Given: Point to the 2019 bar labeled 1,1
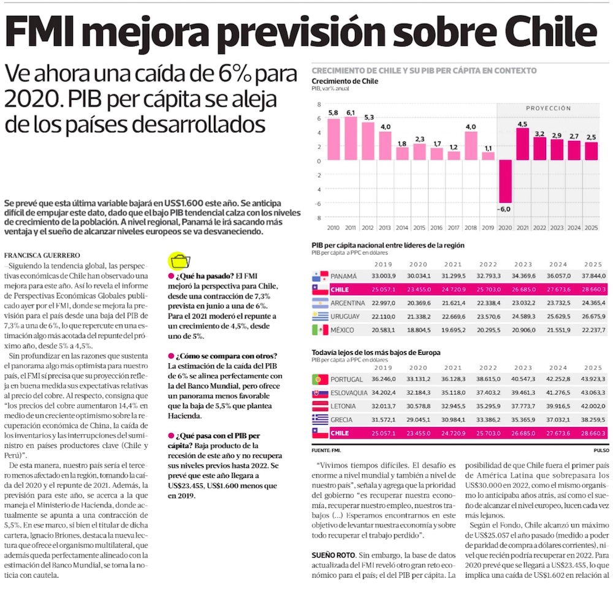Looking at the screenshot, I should (x=487, y=156).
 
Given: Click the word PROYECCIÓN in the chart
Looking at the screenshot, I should (x=547, y=108).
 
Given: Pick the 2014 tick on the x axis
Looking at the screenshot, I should (x=402, y=228).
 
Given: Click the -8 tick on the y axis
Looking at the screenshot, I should (x=319, y=218).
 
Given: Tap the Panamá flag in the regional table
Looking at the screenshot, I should (x=320, y=276).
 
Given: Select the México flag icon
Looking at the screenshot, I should (x=320, y=330).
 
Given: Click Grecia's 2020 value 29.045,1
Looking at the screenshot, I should (x=419, y=420).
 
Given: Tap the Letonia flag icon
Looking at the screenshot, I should (x=320, y=406).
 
